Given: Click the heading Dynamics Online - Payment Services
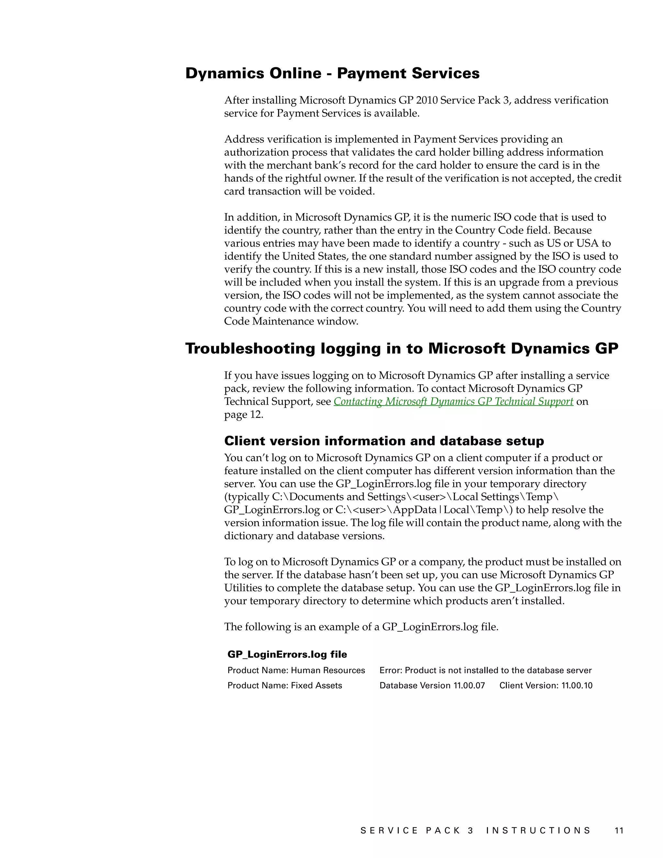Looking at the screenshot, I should (x=332, y=73).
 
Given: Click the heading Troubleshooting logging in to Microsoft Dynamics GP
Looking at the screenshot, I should (x=401, y=348).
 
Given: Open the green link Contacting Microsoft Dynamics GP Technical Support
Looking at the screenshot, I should (x=453, y=401).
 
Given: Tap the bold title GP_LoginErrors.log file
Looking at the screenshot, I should (x=287, y=654).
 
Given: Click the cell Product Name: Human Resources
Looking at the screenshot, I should (x=296, y=670).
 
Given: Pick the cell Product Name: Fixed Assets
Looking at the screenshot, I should (x=285, y=685).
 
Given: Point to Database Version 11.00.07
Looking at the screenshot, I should (x=432, y=685).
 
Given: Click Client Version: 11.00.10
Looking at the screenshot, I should (x=545, y=685).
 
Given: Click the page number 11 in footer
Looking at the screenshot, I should (x=619, y=830).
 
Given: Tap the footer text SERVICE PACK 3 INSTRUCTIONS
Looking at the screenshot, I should (x=475, y=830).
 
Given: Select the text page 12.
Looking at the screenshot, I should (x=243, y=415).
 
